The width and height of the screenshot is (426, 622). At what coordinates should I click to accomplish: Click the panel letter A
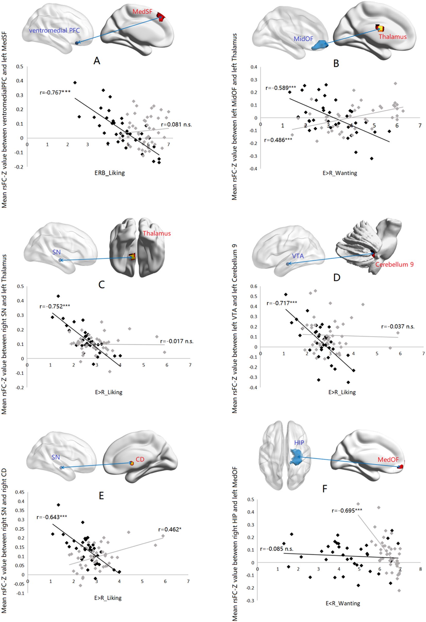(97, 61)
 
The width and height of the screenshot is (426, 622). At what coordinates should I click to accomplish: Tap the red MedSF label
(142, 12)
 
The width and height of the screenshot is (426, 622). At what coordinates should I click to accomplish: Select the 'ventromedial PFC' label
(54, 30)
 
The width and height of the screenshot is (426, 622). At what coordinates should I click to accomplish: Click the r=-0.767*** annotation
(55, 93)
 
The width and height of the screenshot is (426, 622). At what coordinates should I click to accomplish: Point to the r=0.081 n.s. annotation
(176, 124)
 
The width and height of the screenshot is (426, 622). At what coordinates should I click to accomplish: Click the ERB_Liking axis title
(110, 173)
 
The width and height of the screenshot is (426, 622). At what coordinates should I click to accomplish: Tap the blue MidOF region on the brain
(320, 45)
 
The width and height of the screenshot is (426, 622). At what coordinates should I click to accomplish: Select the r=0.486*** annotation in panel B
(278, 140)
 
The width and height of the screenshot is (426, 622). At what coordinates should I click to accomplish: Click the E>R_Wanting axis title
(340, 173)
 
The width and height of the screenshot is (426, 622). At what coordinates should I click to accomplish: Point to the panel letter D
(337, 277)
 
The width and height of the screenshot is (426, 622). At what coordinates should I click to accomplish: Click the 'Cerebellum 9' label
(394, 264)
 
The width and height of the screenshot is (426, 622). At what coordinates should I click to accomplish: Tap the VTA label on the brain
(298, 256)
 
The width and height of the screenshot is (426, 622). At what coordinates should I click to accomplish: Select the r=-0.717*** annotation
(282, 303)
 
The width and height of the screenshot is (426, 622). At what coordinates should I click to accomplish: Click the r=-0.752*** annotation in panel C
(55, 306)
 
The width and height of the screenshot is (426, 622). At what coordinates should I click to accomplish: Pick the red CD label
(140, 459)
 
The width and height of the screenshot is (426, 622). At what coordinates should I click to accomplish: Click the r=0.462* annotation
(170, 529)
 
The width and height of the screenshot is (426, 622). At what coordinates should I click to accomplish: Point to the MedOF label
(388, 459)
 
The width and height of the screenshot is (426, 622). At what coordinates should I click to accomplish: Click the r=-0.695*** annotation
(347, 510)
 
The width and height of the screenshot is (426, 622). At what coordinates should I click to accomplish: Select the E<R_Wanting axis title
(343, 603)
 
